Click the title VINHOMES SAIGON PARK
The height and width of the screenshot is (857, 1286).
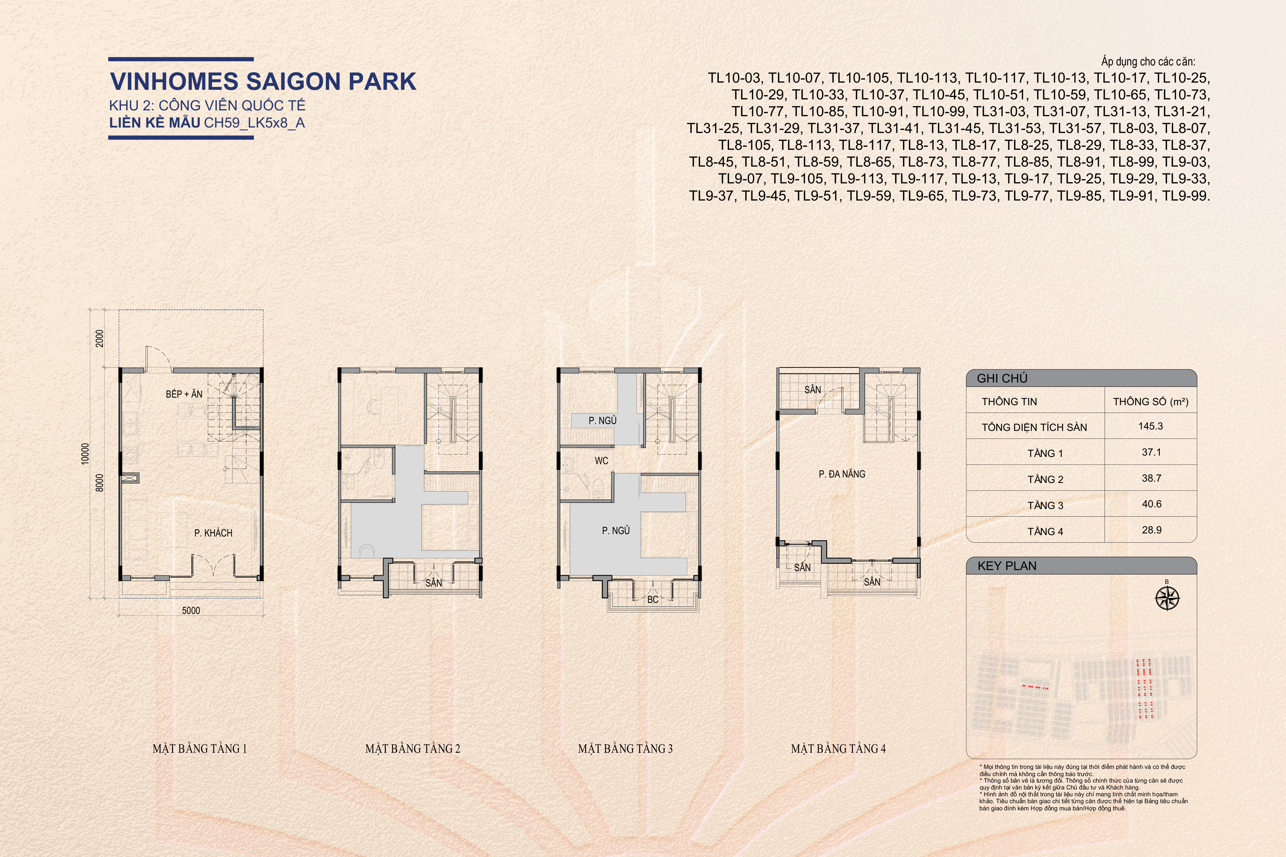coord(263,81)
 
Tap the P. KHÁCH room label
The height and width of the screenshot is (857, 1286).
coord(213,533)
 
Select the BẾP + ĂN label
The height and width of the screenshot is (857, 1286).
coord(184,394)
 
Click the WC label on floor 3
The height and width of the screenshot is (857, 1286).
coord(602,461)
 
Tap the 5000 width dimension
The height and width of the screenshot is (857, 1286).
coord(191,611)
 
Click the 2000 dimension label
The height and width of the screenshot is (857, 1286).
coord(99,338)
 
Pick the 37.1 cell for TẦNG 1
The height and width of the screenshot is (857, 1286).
coord(1152,452)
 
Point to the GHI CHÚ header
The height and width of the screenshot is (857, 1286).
coord(1002,378)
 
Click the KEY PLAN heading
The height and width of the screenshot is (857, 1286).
coord(1007,566)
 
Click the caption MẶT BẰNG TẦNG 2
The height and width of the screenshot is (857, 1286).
coord(413,749)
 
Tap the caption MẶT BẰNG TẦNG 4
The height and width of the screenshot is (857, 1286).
coord(838,749)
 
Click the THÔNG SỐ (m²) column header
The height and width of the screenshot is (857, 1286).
coord(1151,402)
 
